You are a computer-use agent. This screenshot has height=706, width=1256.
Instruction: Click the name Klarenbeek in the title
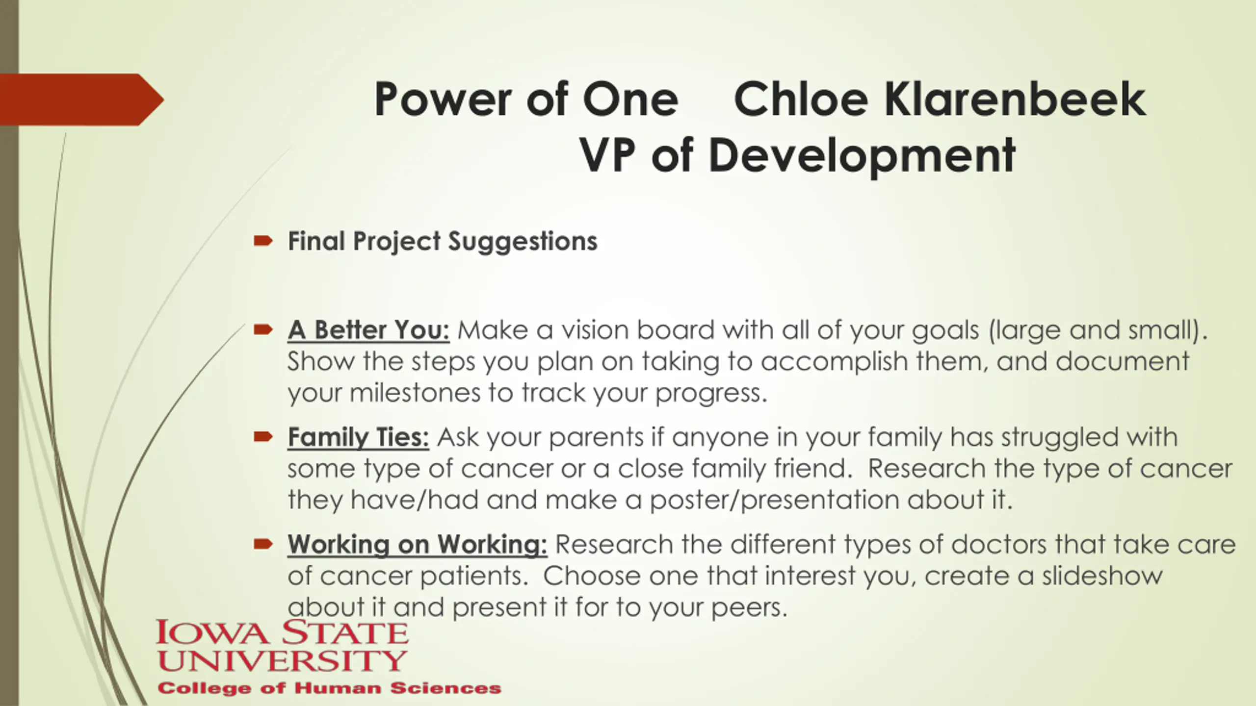tap(1015, 100)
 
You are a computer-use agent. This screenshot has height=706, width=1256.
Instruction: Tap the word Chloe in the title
tap(801, 100)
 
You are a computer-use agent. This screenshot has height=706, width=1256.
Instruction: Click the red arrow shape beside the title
tap(82, 100)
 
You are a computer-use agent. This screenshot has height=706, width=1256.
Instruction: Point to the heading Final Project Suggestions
tap(443, 241)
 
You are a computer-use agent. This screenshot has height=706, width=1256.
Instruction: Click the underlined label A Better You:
tap(369, 330)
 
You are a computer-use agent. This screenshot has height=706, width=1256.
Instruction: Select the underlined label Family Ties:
tap(359, 437)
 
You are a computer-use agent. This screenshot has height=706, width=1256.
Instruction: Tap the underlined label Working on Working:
tap(418, 545)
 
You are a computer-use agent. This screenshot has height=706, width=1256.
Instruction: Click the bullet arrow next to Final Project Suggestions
tap(263, 240)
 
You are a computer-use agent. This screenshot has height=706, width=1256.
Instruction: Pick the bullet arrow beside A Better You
tap(263, 329)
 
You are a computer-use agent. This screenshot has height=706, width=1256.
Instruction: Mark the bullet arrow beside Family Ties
tap(263, 436)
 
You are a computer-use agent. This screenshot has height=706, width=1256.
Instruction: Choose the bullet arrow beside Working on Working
tap(263, 543)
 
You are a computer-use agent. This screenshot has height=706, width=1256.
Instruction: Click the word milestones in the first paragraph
tap(415, 393)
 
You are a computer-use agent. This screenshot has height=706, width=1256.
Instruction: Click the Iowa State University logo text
tap(282, 646)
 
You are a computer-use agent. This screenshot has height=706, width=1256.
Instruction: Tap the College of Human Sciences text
tap(329, 688)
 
